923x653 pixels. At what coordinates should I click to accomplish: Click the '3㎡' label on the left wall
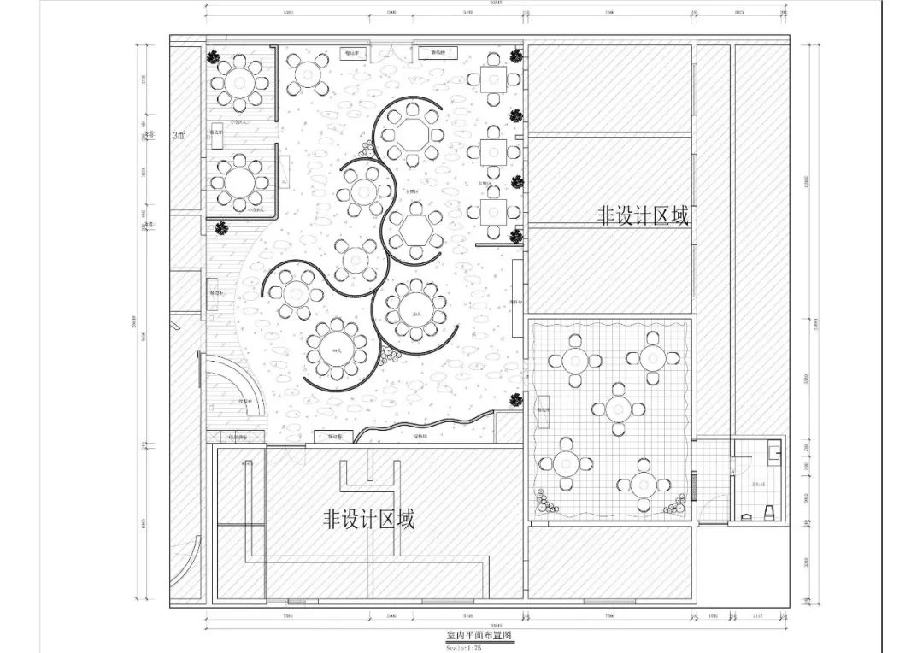coord(179,135)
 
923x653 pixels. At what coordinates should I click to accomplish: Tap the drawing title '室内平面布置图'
coord(479,637)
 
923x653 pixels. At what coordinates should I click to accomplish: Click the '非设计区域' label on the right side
coord(642,216)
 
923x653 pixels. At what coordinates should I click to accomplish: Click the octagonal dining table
coord(410,133)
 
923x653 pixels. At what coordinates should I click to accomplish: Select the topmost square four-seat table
coord(493,79)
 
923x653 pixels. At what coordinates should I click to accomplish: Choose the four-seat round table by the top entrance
coord(307,74)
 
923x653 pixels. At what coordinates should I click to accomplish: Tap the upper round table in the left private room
coord(240,82)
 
